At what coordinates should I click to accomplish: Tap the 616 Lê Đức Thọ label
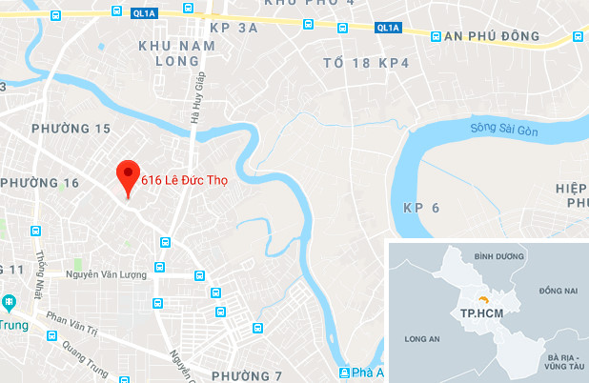185,178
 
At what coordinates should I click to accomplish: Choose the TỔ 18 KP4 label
364,64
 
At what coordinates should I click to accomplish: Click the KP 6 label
420,208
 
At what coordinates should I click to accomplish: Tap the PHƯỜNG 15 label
71,129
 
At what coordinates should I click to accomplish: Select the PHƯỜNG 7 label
247,374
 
